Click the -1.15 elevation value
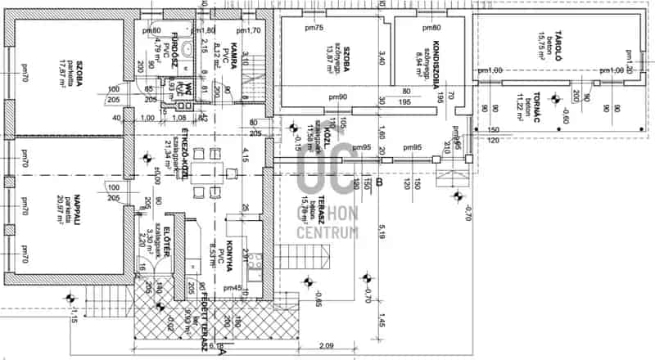(75, 317)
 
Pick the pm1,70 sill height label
(250, 30)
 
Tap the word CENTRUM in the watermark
(328, 232)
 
